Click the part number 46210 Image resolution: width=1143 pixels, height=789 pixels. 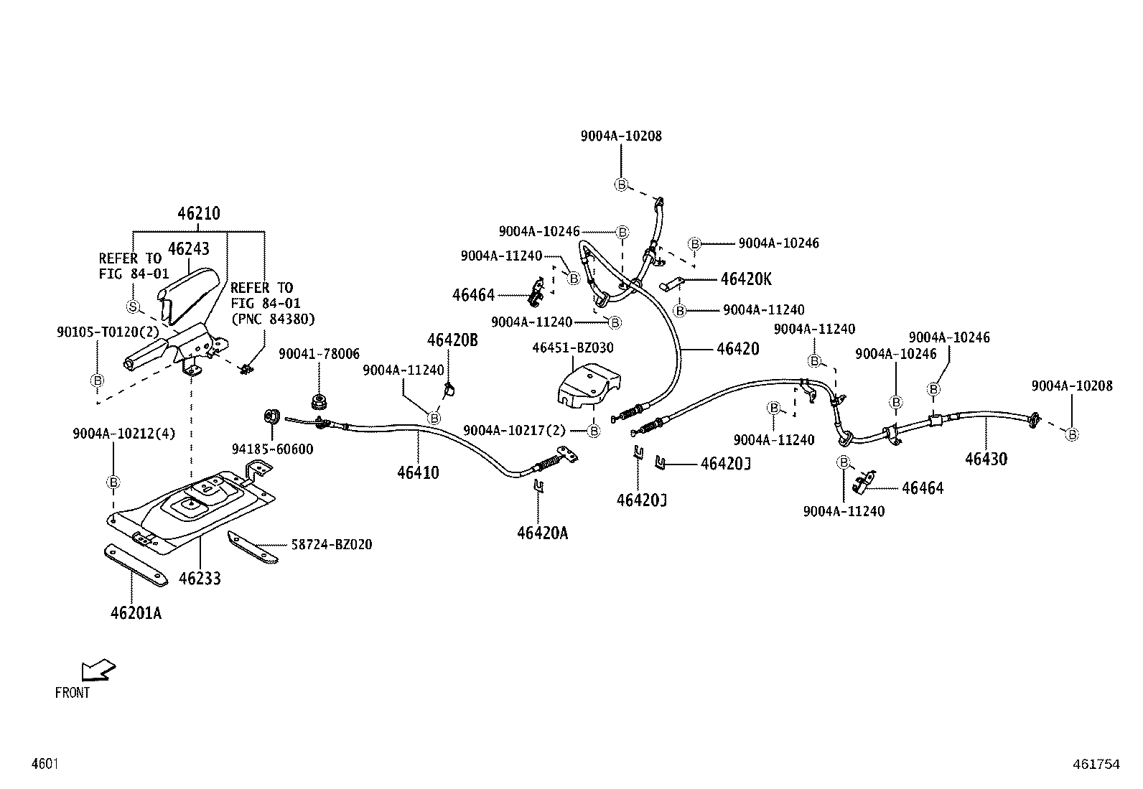point(199,213)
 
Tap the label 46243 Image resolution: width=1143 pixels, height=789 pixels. point(188,248)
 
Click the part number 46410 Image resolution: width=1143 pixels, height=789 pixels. point(418,472)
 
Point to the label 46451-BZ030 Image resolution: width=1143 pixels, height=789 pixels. point(572,347)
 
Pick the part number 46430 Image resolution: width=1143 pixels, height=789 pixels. point(986,459)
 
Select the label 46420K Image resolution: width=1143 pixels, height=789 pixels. point(746,279)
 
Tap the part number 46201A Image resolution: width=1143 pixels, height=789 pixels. point(136,613)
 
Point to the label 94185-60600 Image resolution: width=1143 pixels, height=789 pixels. point(272,449)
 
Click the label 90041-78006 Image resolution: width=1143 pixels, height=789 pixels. point(319,354)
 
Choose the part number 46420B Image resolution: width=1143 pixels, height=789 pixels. point(452,340)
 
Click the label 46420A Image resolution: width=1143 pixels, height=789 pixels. point(542,533)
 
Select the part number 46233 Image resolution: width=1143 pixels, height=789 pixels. point(200,578)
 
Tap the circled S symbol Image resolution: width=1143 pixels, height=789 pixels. point(132,307)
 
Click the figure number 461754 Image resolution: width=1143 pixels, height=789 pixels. point(1096,765)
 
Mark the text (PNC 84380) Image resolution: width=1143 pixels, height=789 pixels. point(272,319)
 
